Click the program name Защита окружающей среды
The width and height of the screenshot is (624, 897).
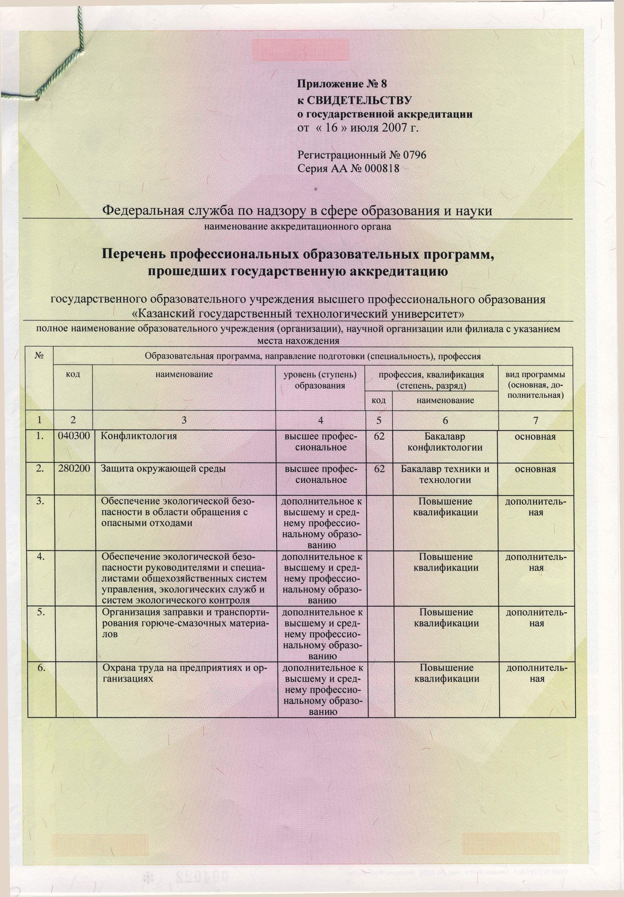click(164, 469)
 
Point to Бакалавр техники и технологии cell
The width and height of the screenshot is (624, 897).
click(445, 474)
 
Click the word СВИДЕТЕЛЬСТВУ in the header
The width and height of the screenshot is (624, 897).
click(359, 101)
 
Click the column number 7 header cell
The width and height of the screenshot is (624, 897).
click(536, 420)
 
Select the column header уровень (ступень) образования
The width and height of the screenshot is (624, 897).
click(320, 380)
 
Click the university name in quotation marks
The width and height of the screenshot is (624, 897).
click(298, 313)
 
